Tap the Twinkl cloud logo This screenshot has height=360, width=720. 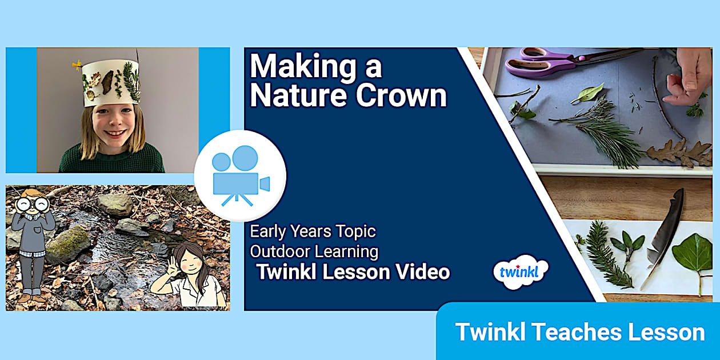(x=521, y=271)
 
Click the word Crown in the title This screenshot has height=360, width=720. (x=401, y=96)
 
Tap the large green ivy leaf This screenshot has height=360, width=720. (x=693, y=255)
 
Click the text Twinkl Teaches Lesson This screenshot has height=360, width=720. (x=579, y=332)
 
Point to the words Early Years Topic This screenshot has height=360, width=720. (x=313, y=232)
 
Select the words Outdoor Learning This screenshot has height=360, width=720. (x=314, y=251)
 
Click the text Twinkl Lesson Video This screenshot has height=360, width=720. (x=353, y=272)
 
